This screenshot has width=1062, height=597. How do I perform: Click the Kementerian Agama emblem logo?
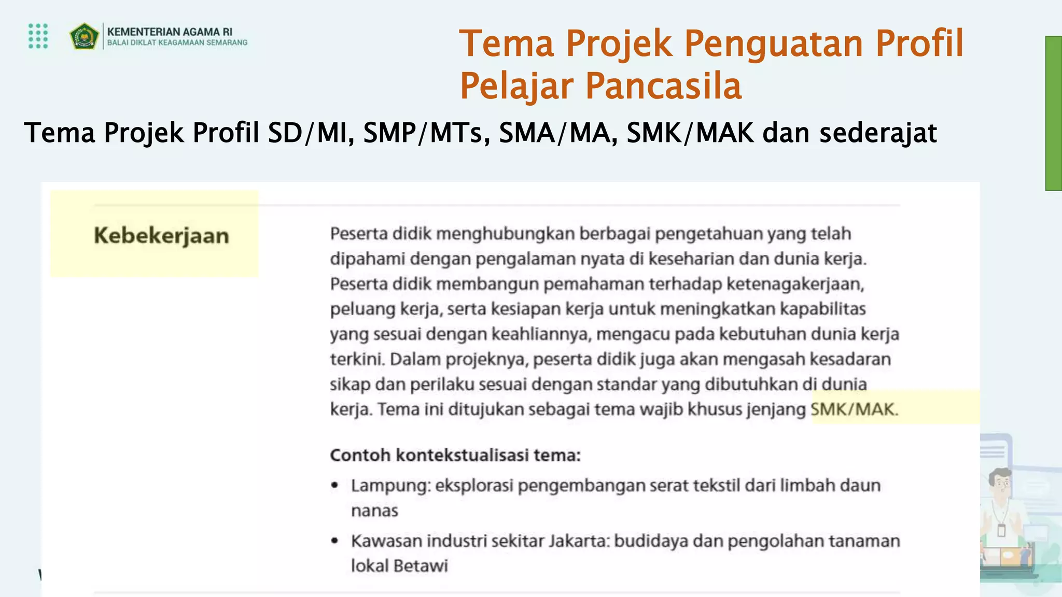84,36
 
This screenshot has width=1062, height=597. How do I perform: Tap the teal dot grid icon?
38,36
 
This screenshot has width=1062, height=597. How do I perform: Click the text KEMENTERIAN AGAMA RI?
170,32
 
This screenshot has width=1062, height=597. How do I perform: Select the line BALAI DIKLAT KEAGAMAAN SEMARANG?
177,43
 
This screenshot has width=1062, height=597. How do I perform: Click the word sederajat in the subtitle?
877,133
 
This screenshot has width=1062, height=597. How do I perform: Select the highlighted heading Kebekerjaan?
161,236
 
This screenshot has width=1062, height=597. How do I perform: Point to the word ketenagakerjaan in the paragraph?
794,284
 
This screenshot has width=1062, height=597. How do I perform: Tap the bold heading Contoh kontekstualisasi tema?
455,455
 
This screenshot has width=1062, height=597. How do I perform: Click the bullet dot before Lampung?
335,486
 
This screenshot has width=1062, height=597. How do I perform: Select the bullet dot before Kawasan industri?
335,541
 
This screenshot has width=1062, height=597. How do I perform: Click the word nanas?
374,511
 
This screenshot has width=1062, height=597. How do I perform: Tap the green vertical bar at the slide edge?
1053,113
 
